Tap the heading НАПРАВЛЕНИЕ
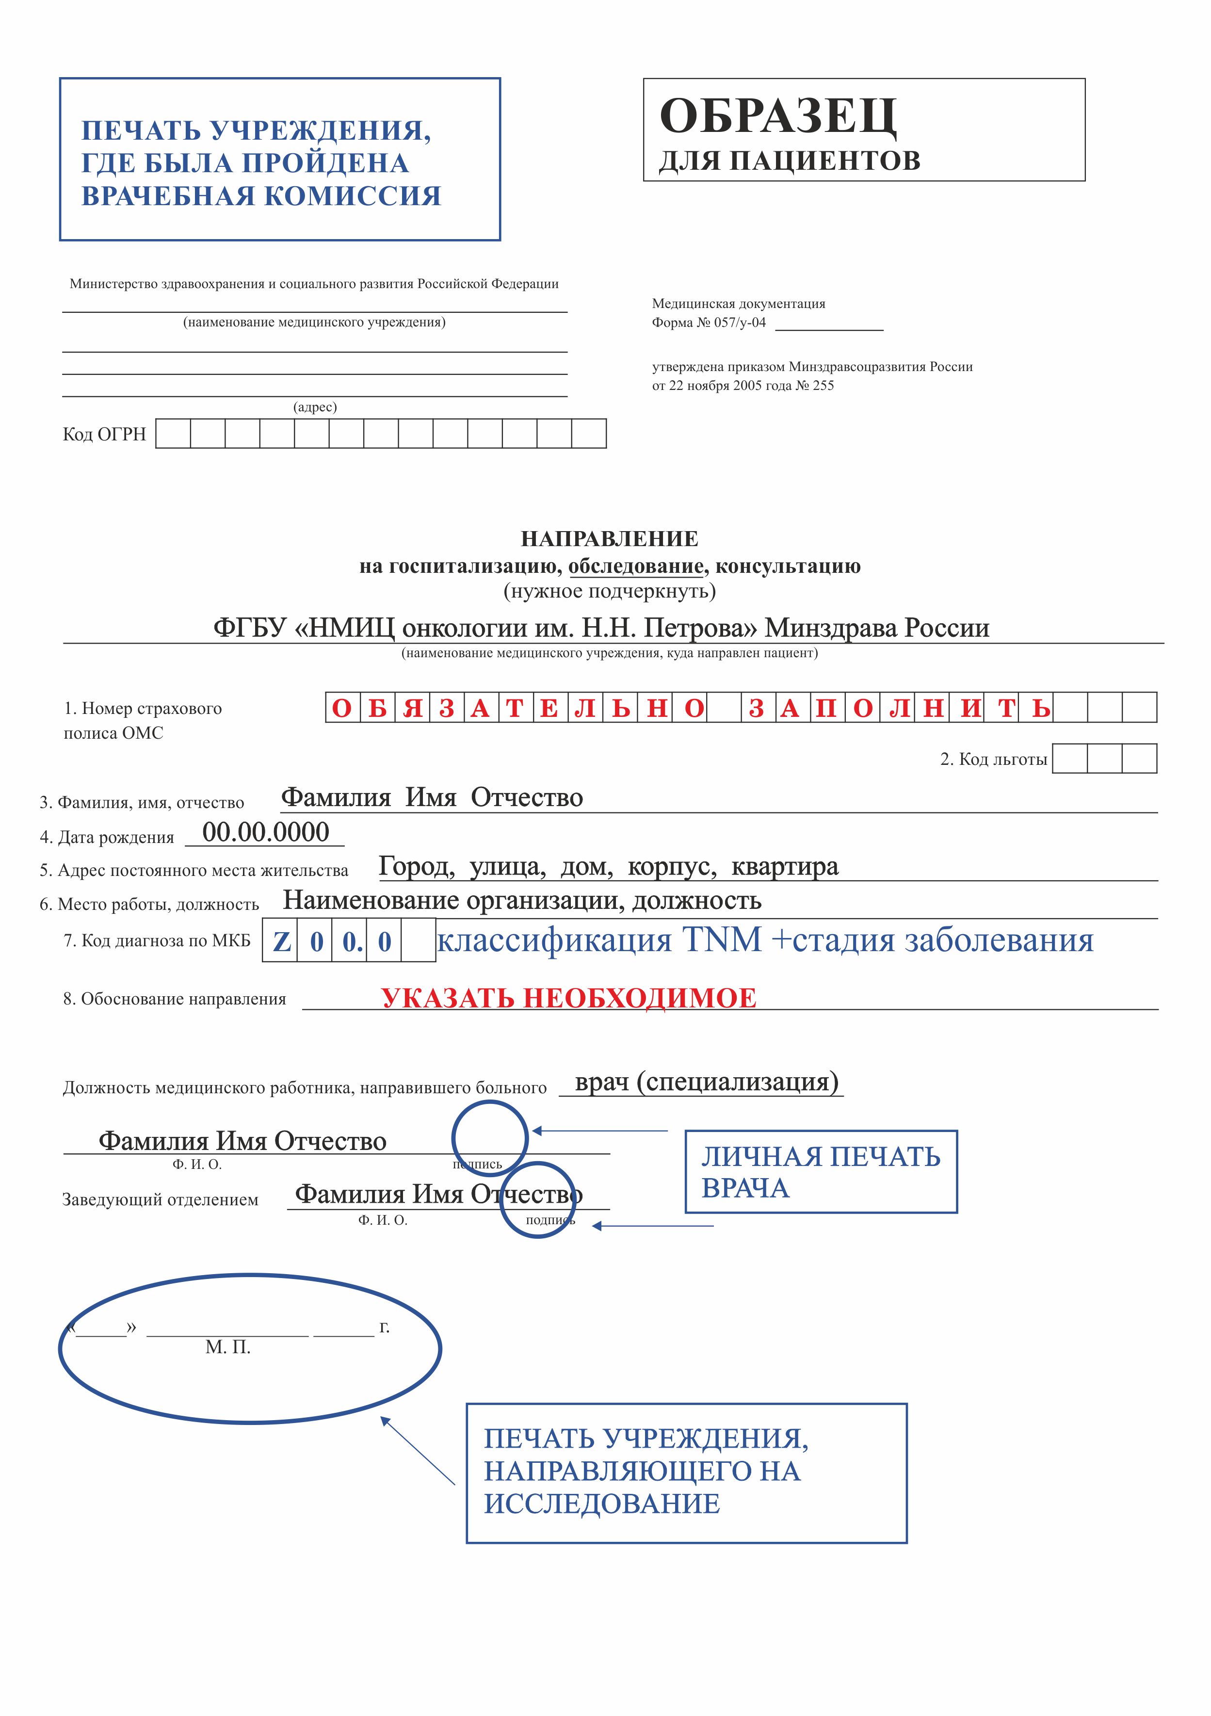pos(609,539)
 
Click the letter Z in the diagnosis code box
pos(281,941)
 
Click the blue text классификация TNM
pos(598,940)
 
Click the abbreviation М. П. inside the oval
pos(228,1347)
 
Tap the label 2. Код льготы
pos(993,760)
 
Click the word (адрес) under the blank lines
pos(315,407)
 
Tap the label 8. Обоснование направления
pos(174,999)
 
